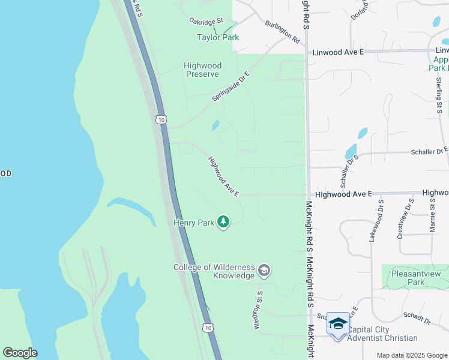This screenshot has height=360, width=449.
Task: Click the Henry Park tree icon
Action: pyautogui.click(x=223, y=223)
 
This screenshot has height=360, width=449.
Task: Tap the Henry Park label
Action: pyautogui.click(x=194, y=223)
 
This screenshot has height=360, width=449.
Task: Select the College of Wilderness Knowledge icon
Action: pyautogui.click(x=264, y=271)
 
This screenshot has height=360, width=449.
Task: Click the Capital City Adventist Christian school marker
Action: pyautogui.click(x=338, y=324)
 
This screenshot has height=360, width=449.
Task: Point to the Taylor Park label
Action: pyautogui.click(x=218, y=37)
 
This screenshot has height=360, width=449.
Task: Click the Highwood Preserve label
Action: pyautogui.click(x=202, y=70)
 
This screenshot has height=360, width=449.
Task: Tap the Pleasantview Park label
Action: pyautogui.click(x=415, y=278)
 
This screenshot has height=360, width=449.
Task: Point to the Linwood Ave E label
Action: pyautogui.click(x=338, y=53)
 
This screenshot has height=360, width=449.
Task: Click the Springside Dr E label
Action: pyautogui.click(x=230, y=86)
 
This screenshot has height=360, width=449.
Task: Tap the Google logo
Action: pyautogui.click(x=20, y=353)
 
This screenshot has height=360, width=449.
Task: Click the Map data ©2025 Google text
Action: pyautogui.click(x=411, y=355)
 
